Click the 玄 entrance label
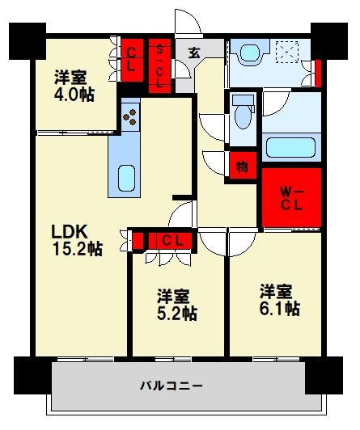click(x=196, y=53)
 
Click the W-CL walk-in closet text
click(x=291, y=198)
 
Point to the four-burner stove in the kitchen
click(x=129, y=116)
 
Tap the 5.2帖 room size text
click(x=176, y=313)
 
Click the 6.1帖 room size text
click(x=280, y=308)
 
